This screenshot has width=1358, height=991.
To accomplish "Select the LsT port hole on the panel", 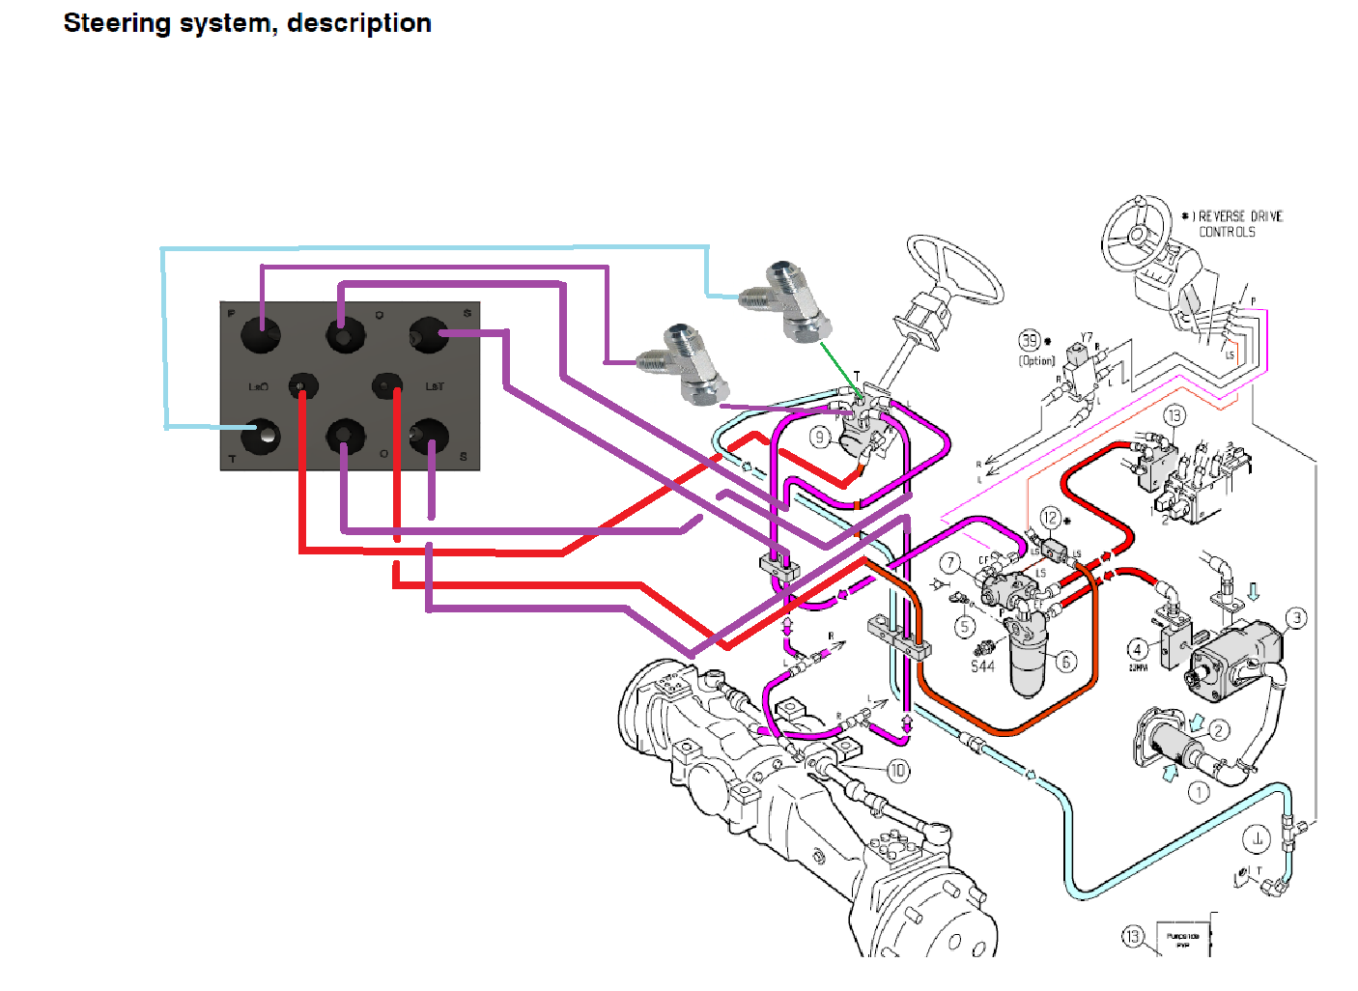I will [387, 386].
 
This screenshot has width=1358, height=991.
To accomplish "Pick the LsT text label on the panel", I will [435, 386].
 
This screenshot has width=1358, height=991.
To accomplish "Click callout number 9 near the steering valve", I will [819, 437].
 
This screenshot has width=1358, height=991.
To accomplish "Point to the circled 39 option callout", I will [1031, 340].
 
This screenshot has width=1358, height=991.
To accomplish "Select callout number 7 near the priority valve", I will [951, 563].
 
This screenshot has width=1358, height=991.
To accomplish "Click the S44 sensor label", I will [982, 666].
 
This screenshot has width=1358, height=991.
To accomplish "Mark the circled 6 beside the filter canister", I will [1065, 662].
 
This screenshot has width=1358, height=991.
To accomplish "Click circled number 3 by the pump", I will [1296, 617].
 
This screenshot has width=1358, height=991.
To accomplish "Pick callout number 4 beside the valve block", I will [1138, 649].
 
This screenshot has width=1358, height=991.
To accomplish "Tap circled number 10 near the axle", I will [897, 770].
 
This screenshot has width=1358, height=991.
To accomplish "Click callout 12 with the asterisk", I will [1050, 519].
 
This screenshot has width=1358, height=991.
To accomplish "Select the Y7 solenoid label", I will [1087, 339].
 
